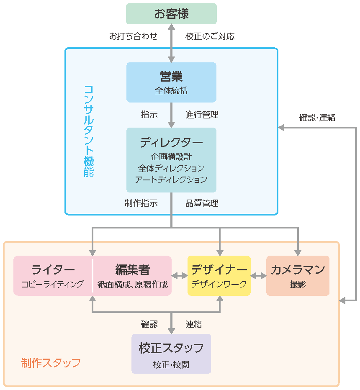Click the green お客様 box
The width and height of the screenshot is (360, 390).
point(171,14)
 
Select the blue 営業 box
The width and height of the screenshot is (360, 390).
point(171,82)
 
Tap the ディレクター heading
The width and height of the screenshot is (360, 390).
point(171,142)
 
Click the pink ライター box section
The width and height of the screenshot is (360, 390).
point(53,276)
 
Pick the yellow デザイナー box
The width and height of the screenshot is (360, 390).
point(219,276)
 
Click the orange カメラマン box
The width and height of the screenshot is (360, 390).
point(298,276)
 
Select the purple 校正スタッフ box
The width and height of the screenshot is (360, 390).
point(171,354)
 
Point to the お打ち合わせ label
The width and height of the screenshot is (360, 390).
point(133,36)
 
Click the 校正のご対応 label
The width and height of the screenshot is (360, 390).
point(210,36)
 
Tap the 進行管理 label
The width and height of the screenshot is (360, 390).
point(202,115)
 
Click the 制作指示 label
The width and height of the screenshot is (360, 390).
point(141,203)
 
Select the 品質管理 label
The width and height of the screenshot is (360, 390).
point(202,203)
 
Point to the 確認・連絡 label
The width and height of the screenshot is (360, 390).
point(317,118)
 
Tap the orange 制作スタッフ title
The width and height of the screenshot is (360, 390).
point(51,362)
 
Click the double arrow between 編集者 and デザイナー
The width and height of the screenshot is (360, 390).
point(179,276)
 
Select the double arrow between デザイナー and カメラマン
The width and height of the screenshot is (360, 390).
point(258,276)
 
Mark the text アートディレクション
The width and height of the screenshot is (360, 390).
point(171,180)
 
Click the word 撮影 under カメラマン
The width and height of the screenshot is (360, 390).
point(298,285)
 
